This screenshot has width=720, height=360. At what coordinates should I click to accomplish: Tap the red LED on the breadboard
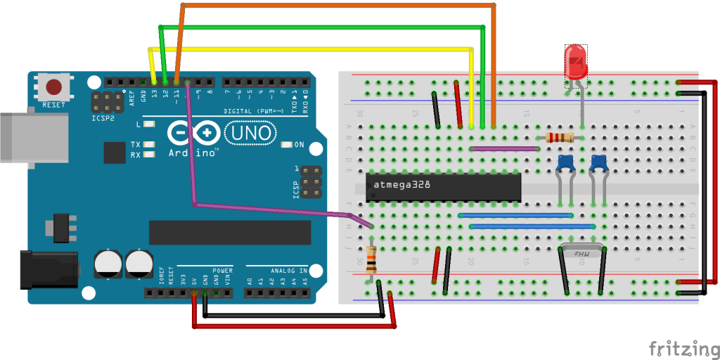click(576, 62)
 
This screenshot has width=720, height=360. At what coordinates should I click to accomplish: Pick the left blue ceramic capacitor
click(565, 164)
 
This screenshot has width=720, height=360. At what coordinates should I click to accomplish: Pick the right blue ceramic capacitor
click(598, 163)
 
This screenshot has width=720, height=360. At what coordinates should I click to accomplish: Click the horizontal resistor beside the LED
click(560, 138)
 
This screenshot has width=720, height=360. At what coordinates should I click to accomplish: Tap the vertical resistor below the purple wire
click(371, 261)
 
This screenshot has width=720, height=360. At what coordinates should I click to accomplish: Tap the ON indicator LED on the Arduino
click(285, 145)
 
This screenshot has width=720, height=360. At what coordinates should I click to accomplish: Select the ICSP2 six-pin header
click(103, 103)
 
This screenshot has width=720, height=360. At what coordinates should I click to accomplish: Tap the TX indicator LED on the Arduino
click(148, 144)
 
